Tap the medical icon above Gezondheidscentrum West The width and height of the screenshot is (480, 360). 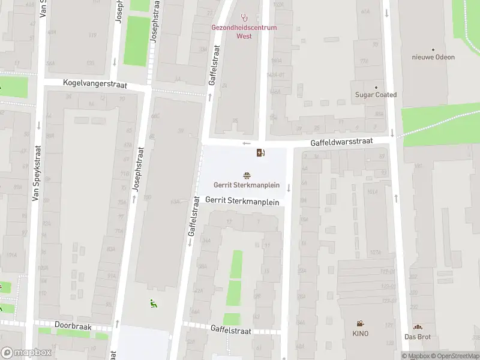[x=244, y=18]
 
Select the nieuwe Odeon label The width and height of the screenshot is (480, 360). [x=433, y=58]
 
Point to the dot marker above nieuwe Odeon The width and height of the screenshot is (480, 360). [x=433, y=50]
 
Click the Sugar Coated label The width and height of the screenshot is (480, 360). [x=376, y=95]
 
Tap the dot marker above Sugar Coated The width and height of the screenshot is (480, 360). [x=376, y=87]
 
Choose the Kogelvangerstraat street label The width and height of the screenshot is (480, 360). [x=94, y=85]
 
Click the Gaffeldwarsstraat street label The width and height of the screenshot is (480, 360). [x=341, y=142]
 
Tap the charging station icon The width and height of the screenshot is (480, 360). [x=260, y=152]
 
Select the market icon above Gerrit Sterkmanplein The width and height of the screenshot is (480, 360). [x=247, y=175]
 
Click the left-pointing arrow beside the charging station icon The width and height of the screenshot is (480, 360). [x=247, y=143]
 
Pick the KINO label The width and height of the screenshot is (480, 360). [x=360, y=334]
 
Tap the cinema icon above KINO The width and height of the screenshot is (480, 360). [x=360, y=323]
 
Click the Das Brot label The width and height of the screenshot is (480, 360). [x=418, y=337]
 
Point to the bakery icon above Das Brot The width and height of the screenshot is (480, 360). [x=418, y=327]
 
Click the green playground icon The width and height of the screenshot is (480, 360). [x=154, y=304]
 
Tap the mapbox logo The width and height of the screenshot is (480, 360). [x=26, y=353]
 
